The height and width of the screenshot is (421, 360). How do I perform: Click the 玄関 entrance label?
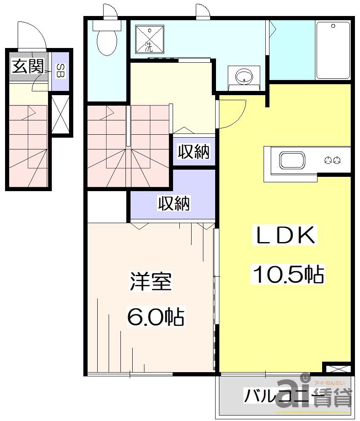(x=28, y=66)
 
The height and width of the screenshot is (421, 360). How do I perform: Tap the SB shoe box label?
(x=61, y=71)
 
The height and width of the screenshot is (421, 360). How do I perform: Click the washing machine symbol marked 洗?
(x=149, y=38)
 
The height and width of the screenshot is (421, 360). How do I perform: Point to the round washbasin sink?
(x=244, y=76)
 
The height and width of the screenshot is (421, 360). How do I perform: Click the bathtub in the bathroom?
(x=333, y=50)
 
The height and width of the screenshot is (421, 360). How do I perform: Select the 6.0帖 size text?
(x=156, y=316)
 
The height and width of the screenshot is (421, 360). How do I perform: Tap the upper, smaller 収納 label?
(x=193, y=152)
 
